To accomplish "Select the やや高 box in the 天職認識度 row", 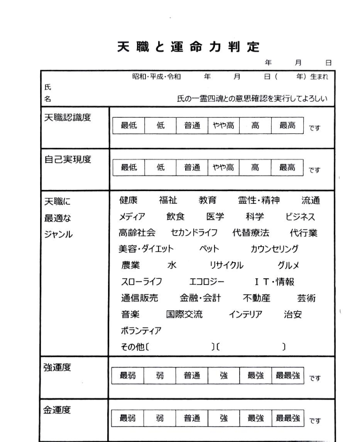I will pyautogui.click(x=223, y=127).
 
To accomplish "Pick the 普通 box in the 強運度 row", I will pyautogui.click(x=191, y=374).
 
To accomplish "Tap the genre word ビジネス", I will pyautogui.click(x=303, y=216).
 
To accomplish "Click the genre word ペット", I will pyautogui.click(x=209, y=249).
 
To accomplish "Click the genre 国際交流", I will pyautogui.click(x=184, y=314).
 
